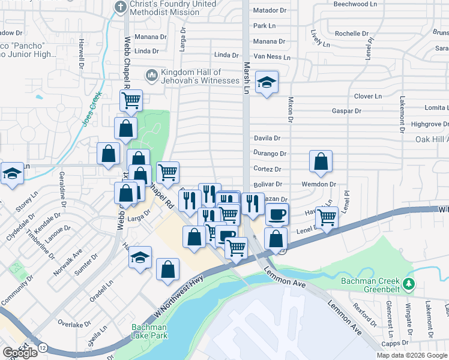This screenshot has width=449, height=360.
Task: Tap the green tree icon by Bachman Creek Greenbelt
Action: point(409,283)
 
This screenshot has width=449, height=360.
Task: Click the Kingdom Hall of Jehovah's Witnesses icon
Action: point(151,75)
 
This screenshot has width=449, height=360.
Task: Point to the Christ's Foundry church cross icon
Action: point(120,7)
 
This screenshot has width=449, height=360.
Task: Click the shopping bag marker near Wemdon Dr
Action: point(321,161)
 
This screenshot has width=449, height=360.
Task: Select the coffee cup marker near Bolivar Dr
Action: point(276,214)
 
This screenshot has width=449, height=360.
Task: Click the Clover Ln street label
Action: point(368,96)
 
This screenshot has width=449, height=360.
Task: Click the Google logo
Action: point(20,353)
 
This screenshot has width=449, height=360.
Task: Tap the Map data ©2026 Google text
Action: point(412,355)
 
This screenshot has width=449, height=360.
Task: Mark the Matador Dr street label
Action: point(270,10)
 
